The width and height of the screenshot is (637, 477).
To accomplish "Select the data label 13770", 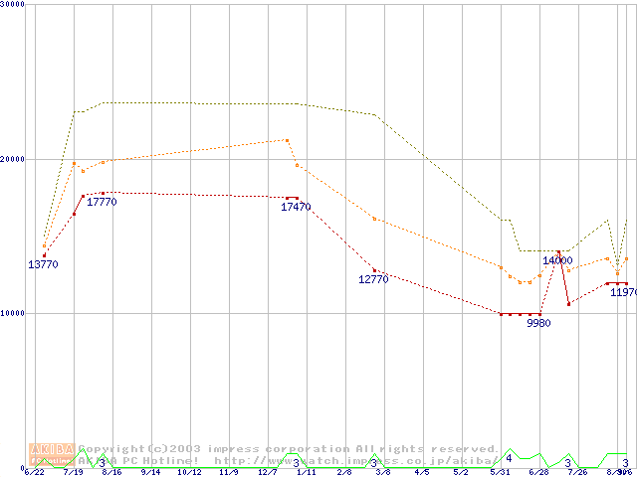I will click(x=43, y=265).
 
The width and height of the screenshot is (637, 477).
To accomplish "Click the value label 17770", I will click(x=102, y=203).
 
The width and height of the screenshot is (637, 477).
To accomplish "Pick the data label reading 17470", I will click(x=296, y=207).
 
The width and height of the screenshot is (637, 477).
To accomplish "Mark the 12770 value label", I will click(x=373, y=280).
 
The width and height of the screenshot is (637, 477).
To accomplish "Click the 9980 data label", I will click(x=538, y=323).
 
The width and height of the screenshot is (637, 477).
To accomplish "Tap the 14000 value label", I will click(x=557, y=260).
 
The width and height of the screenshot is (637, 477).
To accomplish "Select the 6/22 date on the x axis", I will click(x=35, y=472).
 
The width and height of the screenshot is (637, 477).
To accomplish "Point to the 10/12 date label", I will click(x=189, y=472).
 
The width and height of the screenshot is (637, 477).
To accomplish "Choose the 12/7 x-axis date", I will click(x=267, y=472).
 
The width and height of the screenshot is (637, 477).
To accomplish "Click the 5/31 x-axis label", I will click(x=500, y=472).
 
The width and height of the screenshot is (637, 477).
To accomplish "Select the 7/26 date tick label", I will click(x=577, y=472).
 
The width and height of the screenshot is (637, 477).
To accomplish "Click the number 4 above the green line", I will click(x=509, y=458).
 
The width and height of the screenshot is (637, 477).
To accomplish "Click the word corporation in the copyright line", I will click(x=287, y=449).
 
